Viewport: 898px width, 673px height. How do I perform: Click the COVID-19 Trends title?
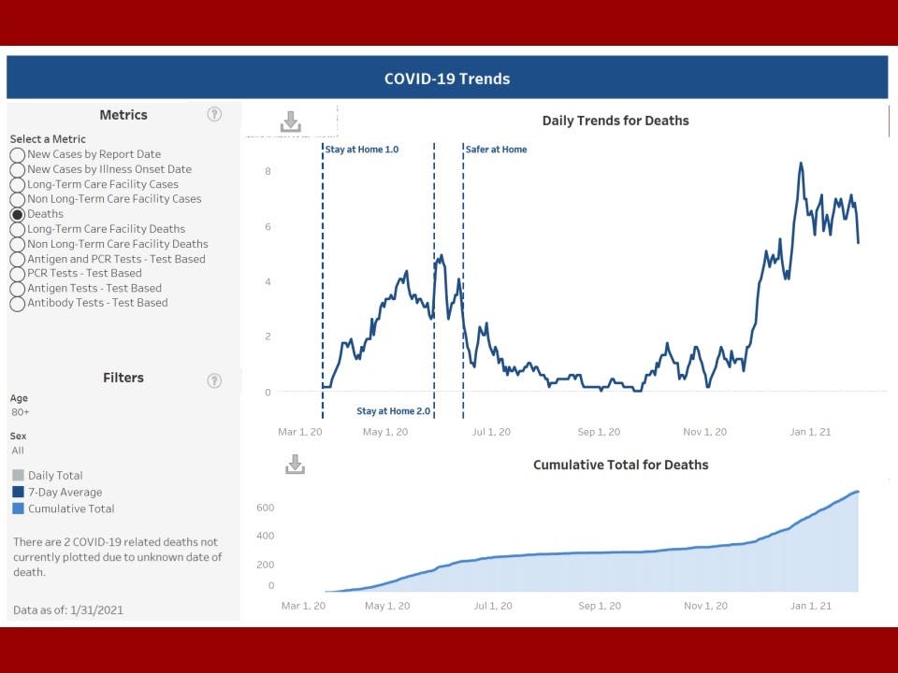447,79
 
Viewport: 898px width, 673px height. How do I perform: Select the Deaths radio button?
18,214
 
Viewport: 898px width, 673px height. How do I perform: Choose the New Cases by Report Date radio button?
18,154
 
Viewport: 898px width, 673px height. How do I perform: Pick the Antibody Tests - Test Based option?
18,303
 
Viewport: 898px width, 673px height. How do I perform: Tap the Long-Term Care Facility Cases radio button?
18,184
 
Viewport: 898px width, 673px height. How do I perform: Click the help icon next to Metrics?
214,114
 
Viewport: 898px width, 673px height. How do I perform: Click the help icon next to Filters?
214,380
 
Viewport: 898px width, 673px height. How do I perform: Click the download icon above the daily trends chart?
291,122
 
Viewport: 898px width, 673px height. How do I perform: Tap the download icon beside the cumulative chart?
295,465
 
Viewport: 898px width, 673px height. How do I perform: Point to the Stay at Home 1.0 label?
362,150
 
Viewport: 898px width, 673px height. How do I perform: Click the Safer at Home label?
496,150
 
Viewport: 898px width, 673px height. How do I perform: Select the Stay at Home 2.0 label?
393,411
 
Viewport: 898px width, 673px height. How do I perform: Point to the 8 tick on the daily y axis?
268,171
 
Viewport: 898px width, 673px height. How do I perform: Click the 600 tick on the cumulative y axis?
265,508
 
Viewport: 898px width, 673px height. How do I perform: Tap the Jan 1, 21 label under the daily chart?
810,432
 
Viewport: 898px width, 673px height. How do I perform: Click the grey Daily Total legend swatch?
19,476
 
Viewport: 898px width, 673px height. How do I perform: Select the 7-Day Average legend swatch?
19,493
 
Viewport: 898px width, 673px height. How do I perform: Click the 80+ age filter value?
20,412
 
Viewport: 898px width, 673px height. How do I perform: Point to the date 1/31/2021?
96,610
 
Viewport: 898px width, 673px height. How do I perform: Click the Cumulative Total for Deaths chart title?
620,465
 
